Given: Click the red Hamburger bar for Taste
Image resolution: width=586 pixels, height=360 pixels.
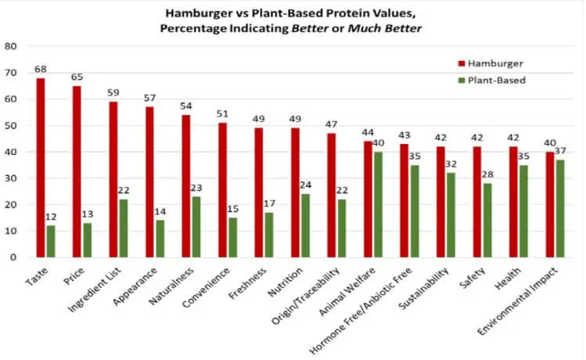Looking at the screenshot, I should (40, 167).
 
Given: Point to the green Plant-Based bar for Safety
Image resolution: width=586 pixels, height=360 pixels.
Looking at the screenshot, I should (487, 220).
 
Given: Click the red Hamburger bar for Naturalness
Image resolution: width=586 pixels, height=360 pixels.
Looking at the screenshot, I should (185, 185).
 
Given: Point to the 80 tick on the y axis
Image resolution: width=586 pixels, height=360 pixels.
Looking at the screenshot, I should (10, 45).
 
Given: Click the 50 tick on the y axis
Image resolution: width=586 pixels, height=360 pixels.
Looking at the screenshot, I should (10, 125).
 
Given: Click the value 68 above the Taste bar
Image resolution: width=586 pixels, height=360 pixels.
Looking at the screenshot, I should (40, 70).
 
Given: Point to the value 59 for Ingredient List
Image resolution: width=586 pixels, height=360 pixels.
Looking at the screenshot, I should (113, 94).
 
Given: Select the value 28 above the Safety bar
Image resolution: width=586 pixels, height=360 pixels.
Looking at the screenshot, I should (488, 176).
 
